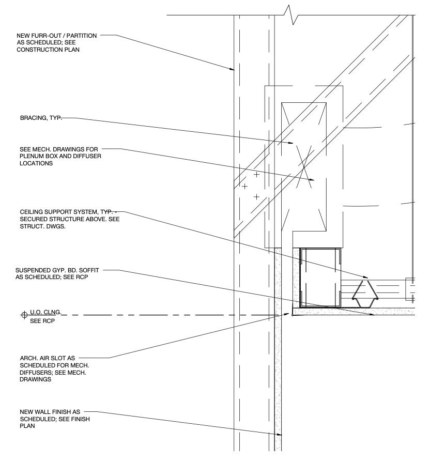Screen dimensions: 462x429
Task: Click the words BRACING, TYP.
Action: [x=41, y=118]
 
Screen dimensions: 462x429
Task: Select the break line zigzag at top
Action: [x=290, y=14]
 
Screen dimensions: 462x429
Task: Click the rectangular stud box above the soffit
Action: [x=320, y=277]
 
